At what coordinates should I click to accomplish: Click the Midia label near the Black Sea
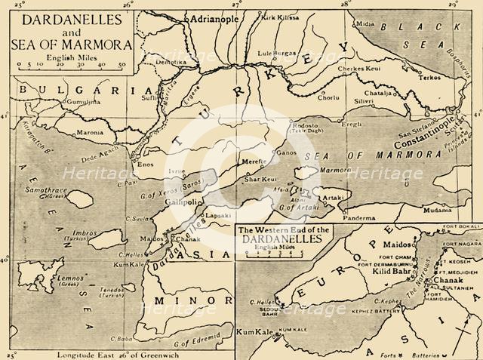[365, 24]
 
